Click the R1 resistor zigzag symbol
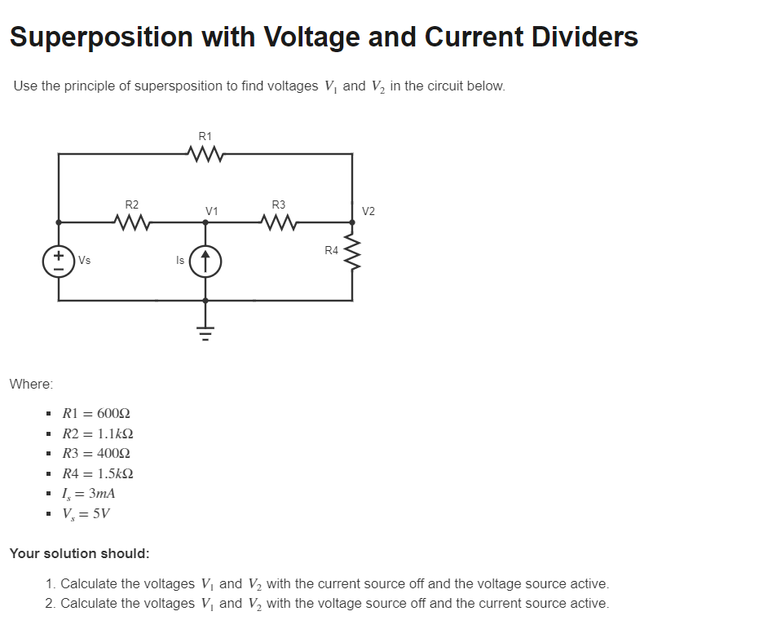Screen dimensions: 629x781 pyautogui.click(x=205, y=153)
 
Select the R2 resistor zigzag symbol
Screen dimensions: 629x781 pyautogui.click(x=131, y=221)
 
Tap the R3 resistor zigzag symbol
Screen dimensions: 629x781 pyautogui.click(x=279, y=221)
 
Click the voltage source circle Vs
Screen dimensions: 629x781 pyautogui.click(x=59, y=261)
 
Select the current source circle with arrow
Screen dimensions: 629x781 pyautogui.click(x=205, y=261)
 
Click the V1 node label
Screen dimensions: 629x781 pyautogui.click(x=212, y=211)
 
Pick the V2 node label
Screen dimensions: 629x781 pyautogui.click(x=368, y=211)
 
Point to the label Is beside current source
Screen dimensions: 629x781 pyautogui.click(x=180, y=261)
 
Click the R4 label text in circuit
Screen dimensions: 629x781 pyautogui.click(x=331, y=250)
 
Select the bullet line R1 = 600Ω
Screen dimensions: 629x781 pyautogui.click(x=96, y=414)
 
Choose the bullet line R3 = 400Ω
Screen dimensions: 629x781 pyautogui.click(x=96, y=454)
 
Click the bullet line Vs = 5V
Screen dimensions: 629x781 pyautogui.click(x=86, y=513)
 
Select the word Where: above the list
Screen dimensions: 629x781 pyautogui.click(x=31, y=383)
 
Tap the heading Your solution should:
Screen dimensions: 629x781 pyautogui.click(x=80, y=553)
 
